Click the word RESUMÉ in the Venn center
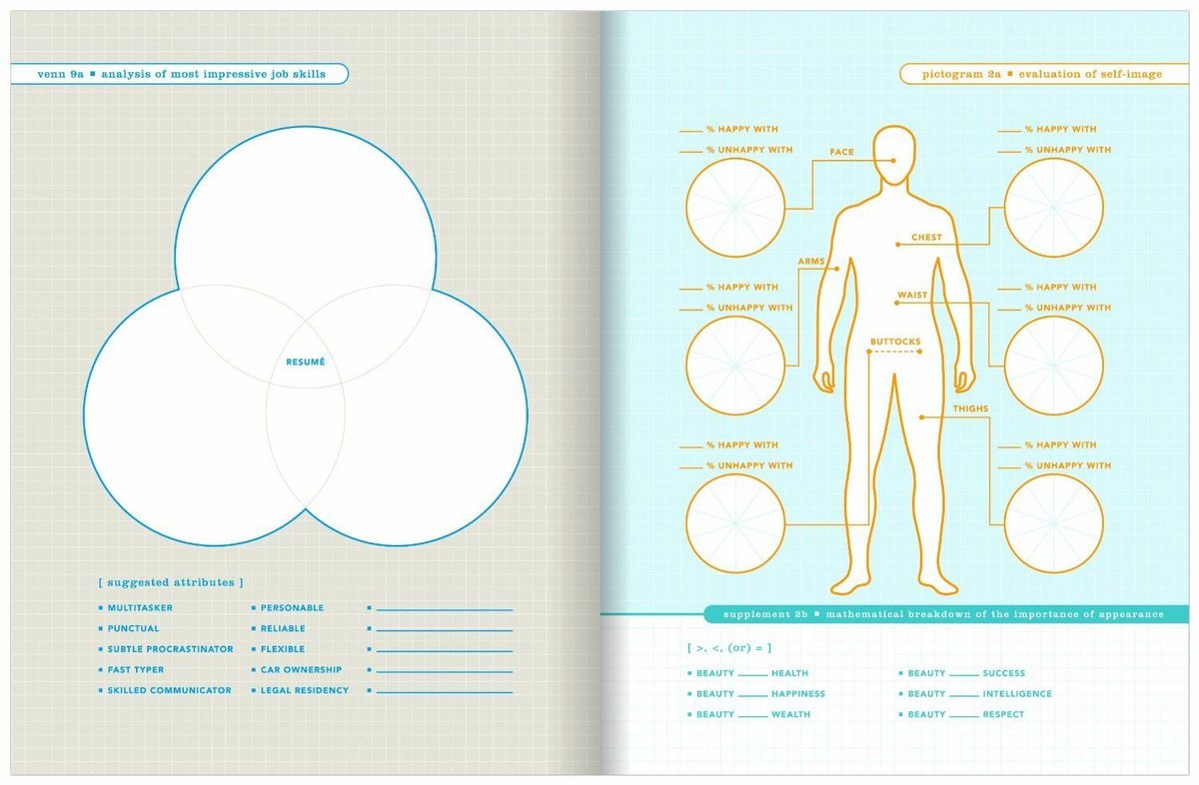[305, 363]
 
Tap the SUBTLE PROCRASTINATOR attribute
[170, 649]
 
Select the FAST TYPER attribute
[136, 669]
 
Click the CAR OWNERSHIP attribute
[301, 669]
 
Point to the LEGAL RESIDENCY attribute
[305, 690]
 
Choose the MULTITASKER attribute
[140, 608]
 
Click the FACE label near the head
[841, 152]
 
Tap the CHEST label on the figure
[926, 237]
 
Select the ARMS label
[811, 261]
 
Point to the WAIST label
[912, 295]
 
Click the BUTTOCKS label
[895, 342]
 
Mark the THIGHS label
[970, 408]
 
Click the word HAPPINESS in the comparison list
[798, 694]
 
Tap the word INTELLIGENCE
[1017, 694]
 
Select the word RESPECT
[1003, 714]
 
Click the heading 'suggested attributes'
[171, 582]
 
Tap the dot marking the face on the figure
[893, 160]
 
